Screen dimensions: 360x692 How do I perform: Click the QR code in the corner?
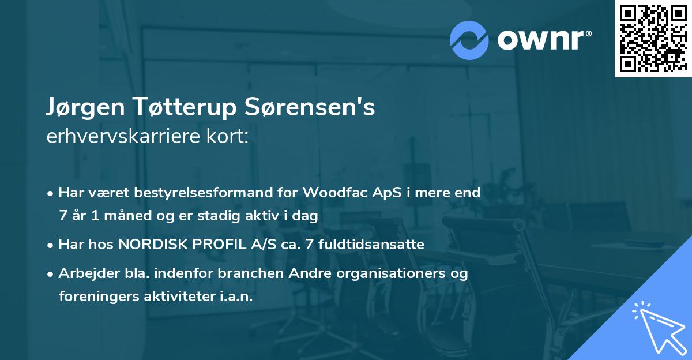point(652,38)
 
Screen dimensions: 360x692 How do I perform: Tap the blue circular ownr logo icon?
point(469,40)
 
